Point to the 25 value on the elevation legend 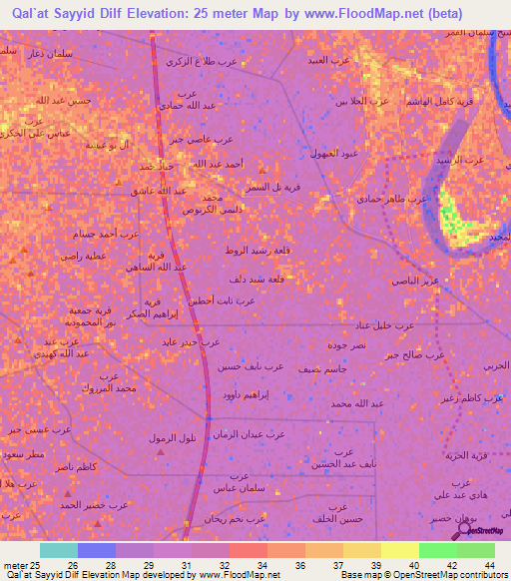click(28, 564)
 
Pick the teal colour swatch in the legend click(58, 550)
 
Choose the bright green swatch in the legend click(437, 550)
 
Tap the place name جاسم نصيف click(324, 369)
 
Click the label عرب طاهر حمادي click(393, 199)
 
